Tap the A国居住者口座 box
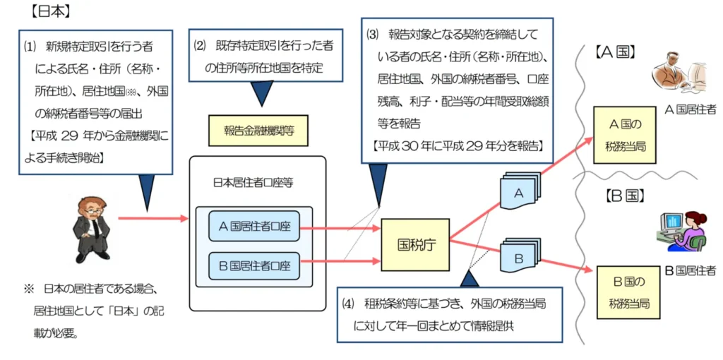(x=254, y=227)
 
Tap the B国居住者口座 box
(x=254, y=268)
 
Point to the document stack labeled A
(x=520, y=191)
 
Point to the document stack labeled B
(x=520, y=258)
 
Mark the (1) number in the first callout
(x=29, y=47)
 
